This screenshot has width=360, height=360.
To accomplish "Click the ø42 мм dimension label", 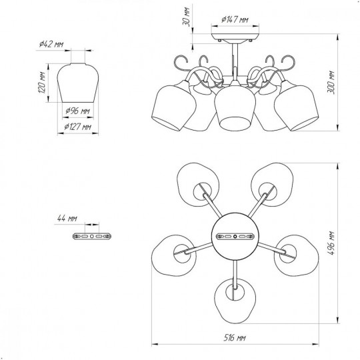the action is [x=51, y=44].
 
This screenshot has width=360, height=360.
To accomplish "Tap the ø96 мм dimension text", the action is [x=77, y=111].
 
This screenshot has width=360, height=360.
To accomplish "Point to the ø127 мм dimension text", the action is [x=77, y=127].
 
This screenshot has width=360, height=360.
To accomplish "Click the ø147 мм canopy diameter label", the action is [x=235, y=19].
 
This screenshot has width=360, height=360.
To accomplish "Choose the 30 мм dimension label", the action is [x=186, y=17].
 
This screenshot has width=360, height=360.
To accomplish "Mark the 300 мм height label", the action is [x=331, y=83].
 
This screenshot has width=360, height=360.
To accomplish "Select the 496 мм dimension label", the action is [x=331, y=243].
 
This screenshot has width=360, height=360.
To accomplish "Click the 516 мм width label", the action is [x=235, y=338].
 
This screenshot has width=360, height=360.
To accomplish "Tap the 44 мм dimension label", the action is [x=67, y=219].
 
